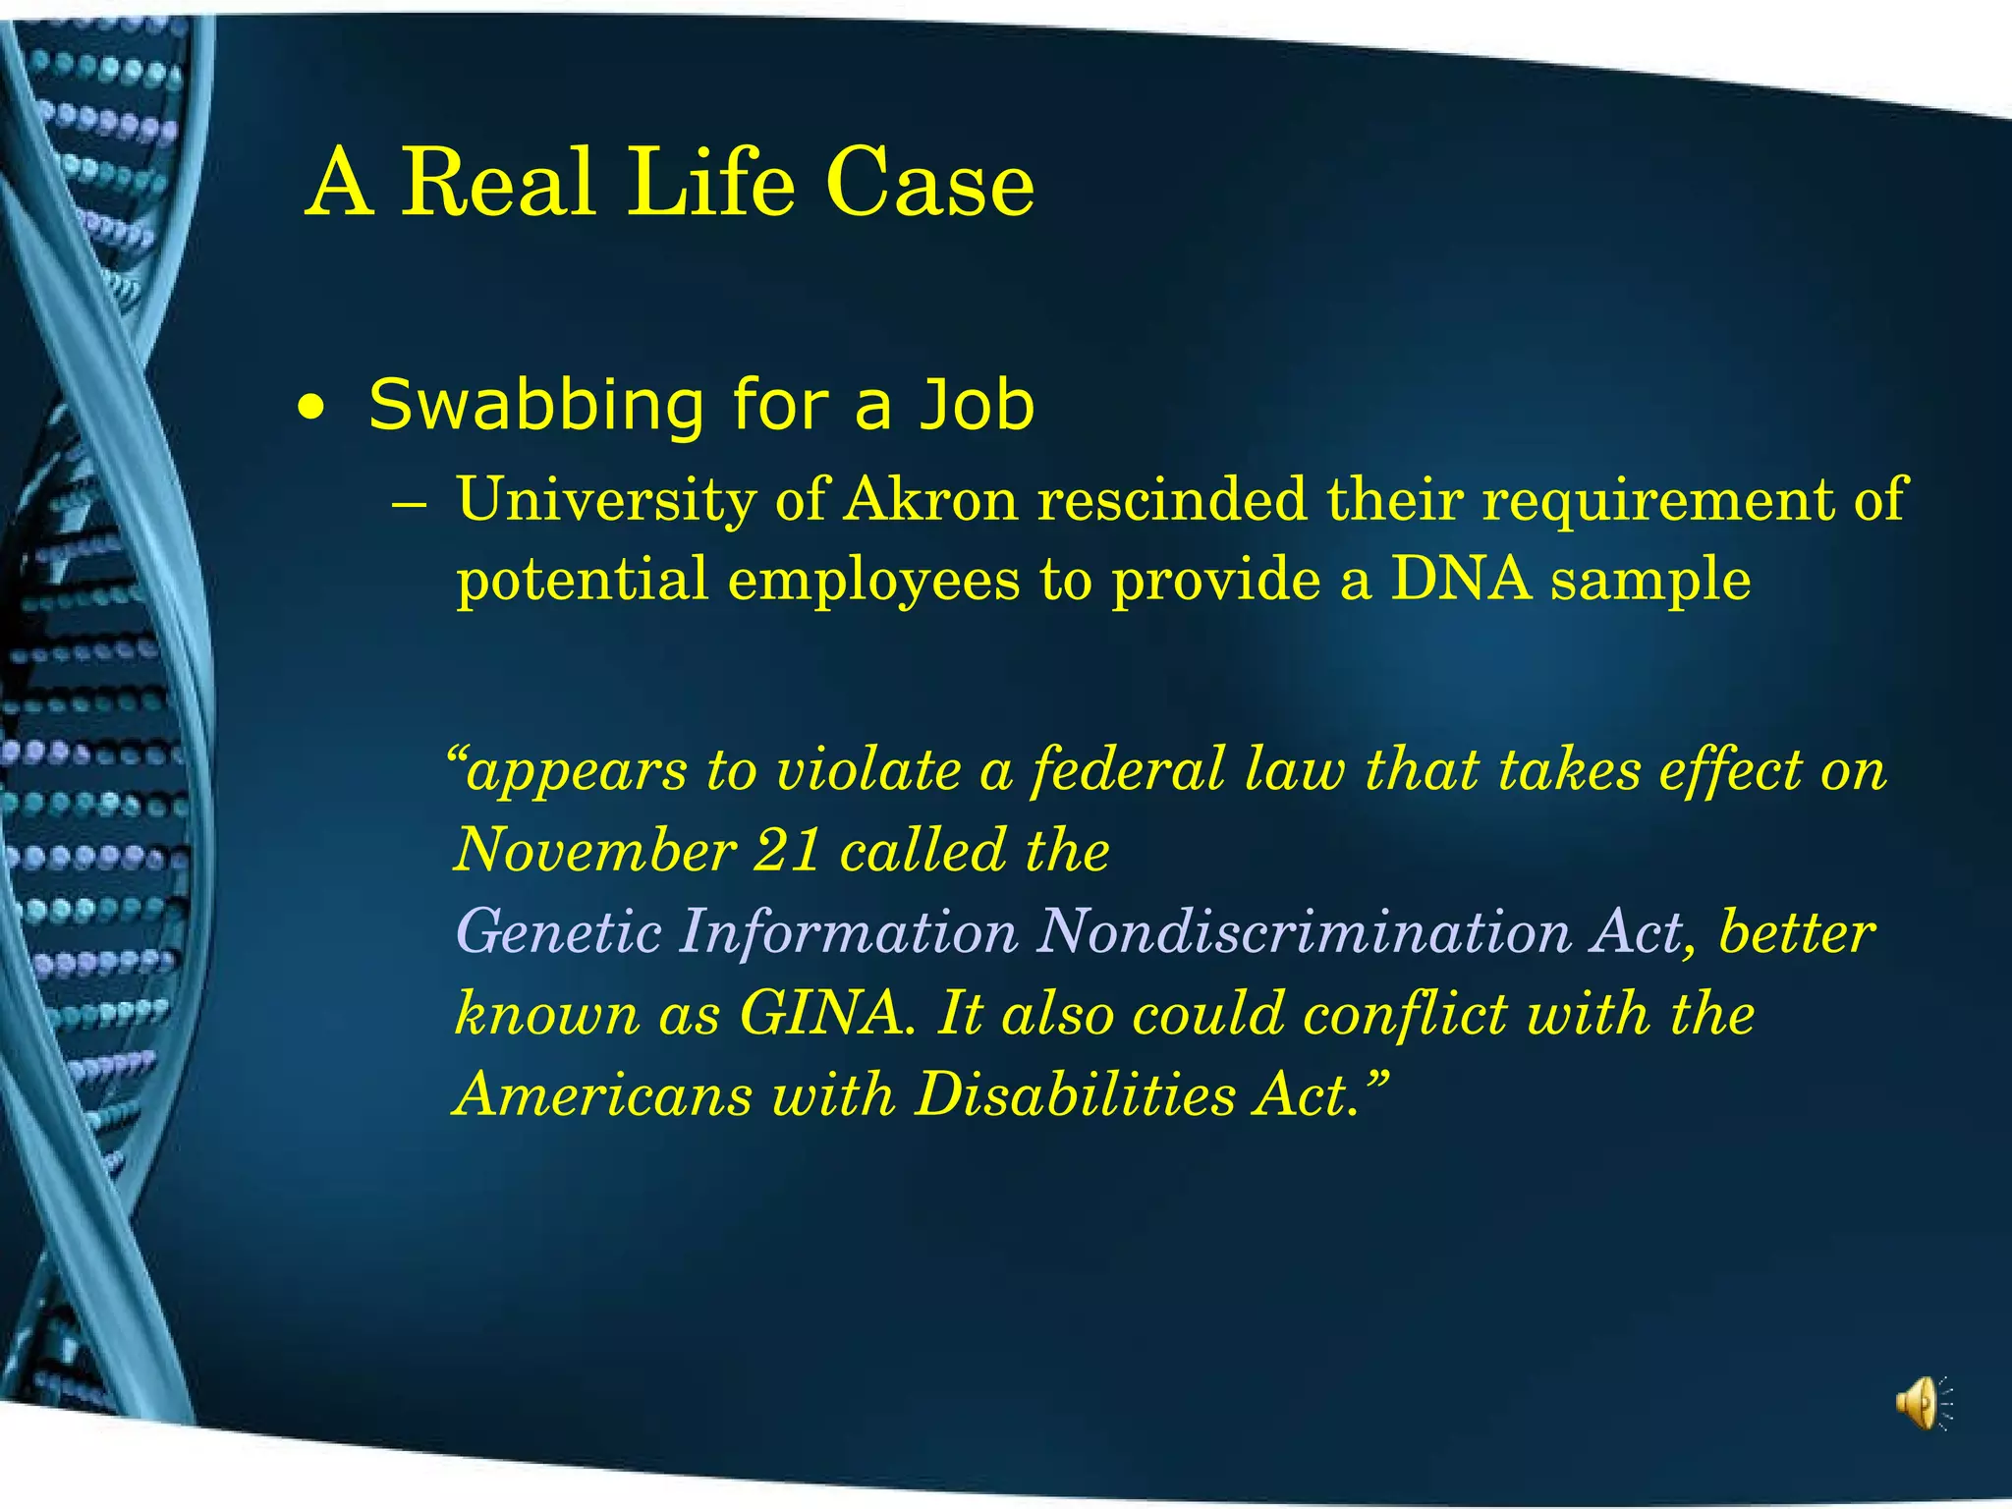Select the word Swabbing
(536, 405)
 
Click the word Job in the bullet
(977, 405)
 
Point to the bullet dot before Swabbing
(310, 409)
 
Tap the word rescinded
(1172, 499)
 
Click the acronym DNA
(1461, 579)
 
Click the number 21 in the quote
(787, 850)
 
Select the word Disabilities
(1074, 1094)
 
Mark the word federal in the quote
(1128, 769)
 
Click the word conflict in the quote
(1405, 1013)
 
